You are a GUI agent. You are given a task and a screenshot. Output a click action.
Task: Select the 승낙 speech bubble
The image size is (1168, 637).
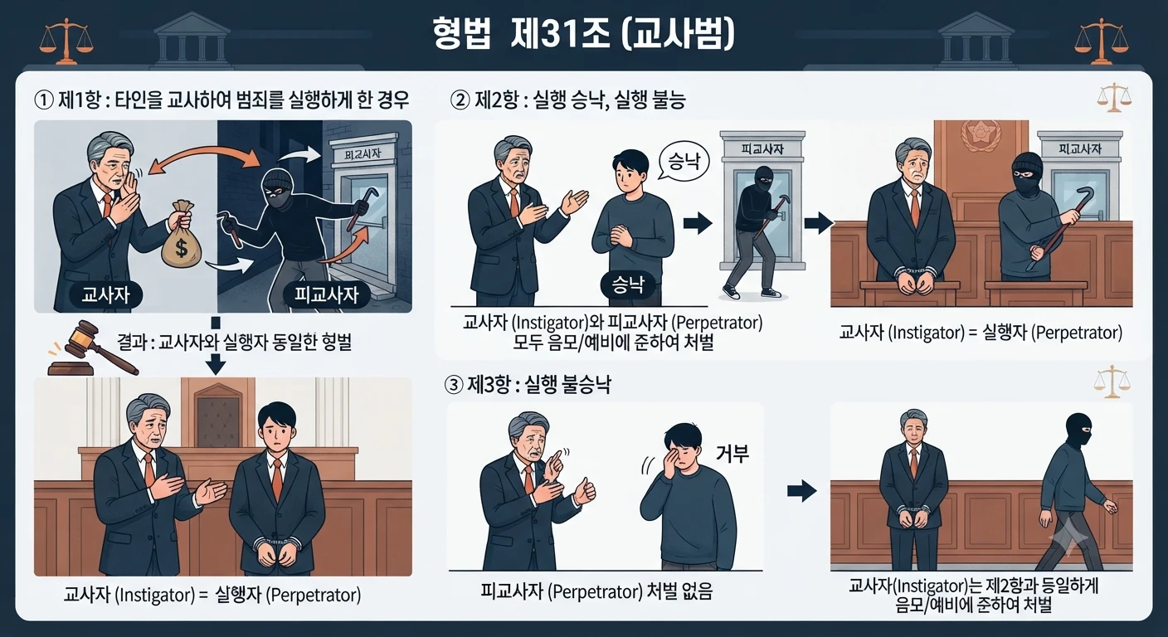point(684,163)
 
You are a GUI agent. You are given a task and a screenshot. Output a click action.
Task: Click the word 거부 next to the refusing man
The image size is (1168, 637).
point(732,454)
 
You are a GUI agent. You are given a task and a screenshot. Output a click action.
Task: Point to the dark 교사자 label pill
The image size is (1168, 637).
point(106,294)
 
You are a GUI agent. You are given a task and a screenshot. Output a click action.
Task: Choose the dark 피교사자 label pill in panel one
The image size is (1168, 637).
point(326,294)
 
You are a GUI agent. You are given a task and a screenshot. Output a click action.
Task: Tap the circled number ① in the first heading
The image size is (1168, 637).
point(44,100)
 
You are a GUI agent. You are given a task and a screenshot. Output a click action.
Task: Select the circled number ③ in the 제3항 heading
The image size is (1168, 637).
point(454,385)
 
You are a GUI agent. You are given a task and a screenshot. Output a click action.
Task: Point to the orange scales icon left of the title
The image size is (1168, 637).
point(66,41)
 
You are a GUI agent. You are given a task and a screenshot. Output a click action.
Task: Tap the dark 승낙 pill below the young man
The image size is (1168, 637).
point(628,284)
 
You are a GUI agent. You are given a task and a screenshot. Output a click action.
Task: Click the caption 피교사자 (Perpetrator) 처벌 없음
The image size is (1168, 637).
point(596,591)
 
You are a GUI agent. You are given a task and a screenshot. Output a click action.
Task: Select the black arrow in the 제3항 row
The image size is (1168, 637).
point(801,490)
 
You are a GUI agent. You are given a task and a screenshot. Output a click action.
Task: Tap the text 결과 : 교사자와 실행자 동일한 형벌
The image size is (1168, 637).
point(234,343)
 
